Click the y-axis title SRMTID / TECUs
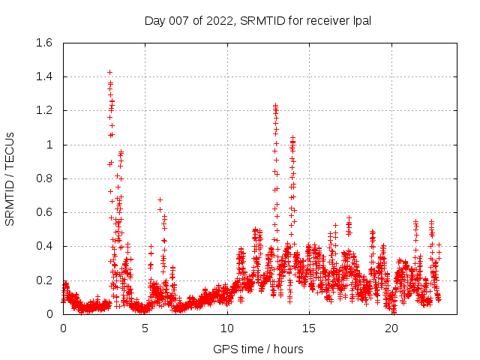click(10, 179)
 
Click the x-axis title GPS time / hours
click(258, 349)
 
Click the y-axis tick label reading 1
click(49, 145)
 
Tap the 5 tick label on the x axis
click(145, 328)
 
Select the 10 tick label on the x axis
click(227, 328)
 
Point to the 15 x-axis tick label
click(309, 328)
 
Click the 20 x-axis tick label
click(391, 328)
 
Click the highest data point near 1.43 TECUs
click(109, 72)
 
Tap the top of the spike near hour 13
click(275, 106)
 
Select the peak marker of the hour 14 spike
click(292, 137)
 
